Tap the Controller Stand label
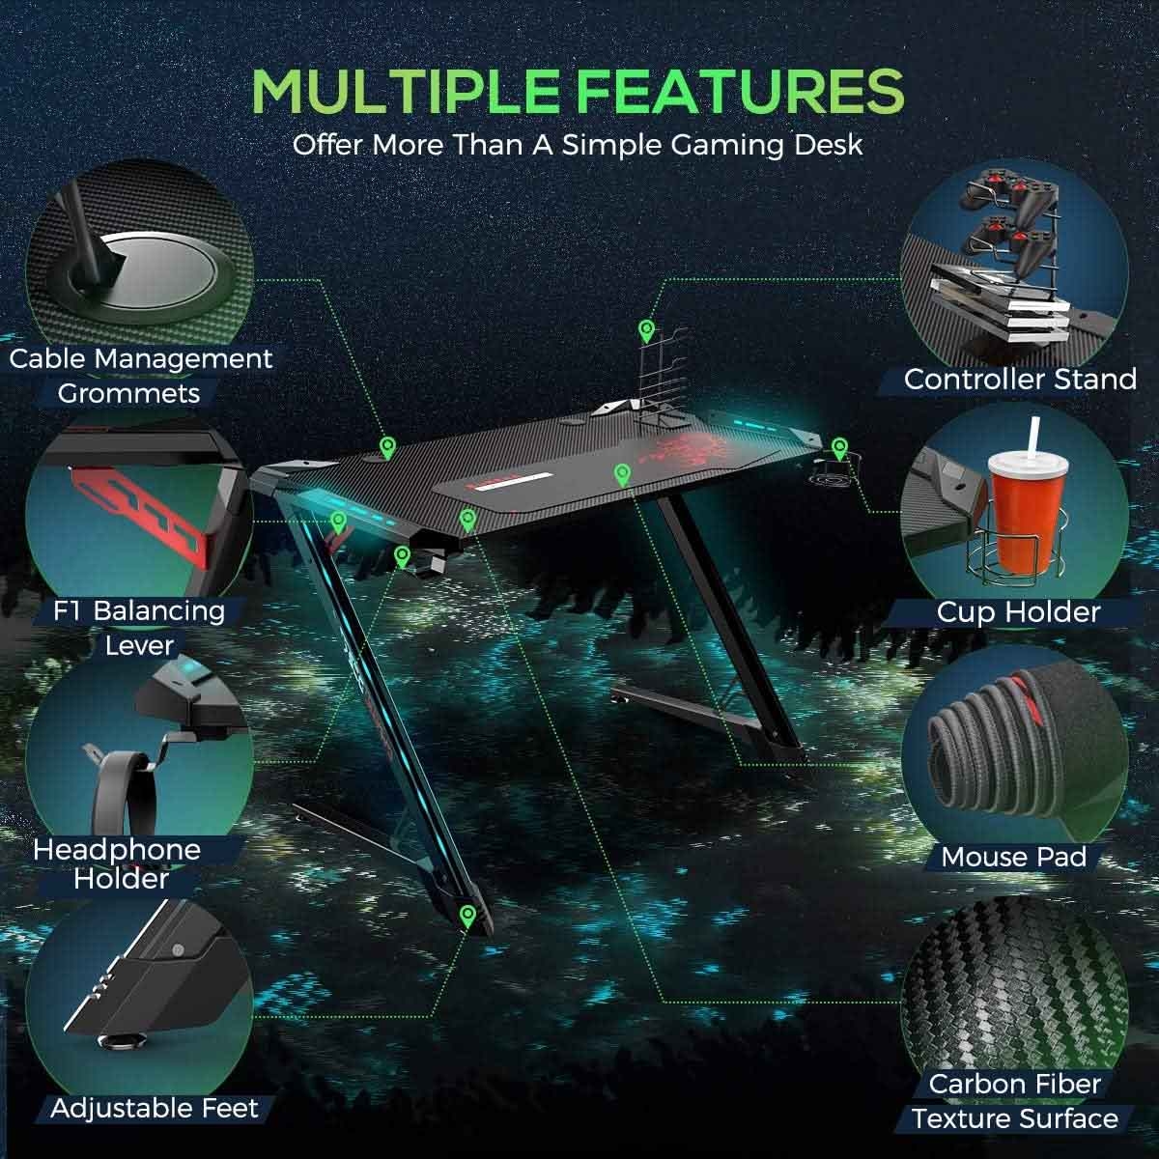pyautogui.click(x=1020, y=380)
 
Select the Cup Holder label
pyautogui.click(x=1018, y=612)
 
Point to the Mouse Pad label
pyautogui.click(x=1014, y=857)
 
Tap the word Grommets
pyautogui.click(x=128, y=393)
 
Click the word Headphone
pyautogui.click(x=117, y=850)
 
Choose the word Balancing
pyautogui.click(x=159, y=611)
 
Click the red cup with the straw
pyautogui.click(x=1027, y=520)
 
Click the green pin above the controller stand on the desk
pyautogui.click(x=646, y=331)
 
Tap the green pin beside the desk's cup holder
pyautogui.click(x=839, y=449)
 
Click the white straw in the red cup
pyautogui.click(x=1033, y=436)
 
